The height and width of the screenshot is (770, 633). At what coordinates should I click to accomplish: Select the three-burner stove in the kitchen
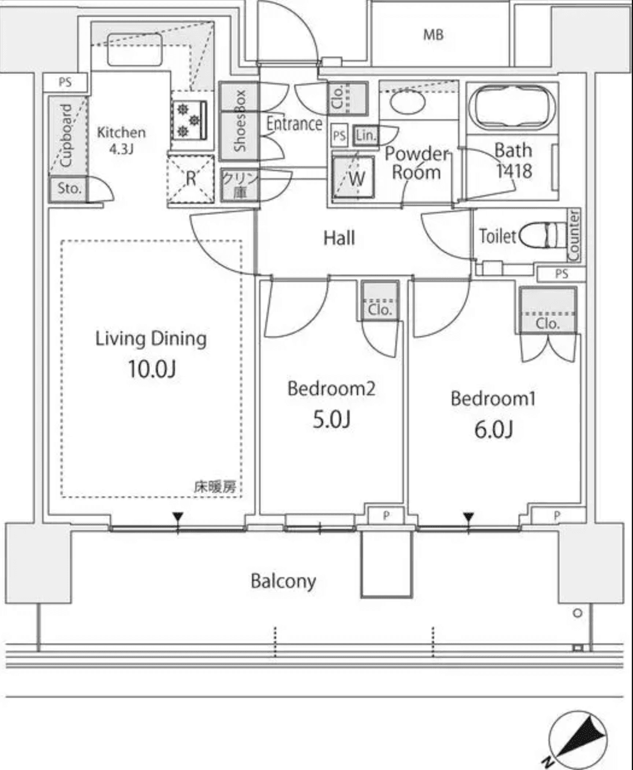[x=189, y=121]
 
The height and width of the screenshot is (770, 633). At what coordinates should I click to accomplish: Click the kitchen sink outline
[x=135, y=49]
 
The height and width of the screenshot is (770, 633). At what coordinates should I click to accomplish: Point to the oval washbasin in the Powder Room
[x=408, y=102]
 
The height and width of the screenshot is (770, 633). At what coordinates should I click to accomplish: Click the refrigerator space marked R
[x=191, y=178]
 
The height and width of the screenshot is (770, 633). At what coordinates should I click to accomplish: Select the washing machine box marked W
[x=353, y=178]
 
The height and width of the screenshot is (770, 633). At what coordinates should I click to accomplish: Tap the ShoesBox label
[x=239, y=121]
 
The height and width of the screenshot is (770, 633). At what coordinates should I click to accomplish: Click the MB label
[x=433, y=35]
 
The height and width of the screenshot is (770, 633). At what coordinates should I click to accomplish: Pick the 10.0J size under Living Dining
[x=152, y=369]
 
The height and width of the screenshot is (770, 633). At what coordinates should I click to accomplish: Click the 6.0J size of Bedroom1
[x=494, y=429]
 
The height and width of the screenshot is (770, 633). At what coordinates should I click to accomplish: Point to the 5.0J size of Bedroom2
[x=332, y=419]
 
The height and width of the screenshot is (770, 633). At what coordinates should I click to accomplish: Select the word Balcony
[x=283, y=581]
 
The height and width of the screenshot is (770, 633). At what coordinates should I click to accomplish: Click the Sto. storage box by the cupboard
[x=69, y=189]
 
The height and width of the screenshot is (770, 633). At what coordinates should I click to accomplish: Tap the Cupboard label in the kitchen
[x=66, y=136]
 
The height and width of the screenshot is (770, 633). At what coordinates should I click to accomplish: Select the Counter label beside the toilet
[x=574, y=235]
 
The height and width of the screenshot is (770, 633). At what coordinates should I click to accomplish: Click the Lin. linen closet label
[x=366, y=136]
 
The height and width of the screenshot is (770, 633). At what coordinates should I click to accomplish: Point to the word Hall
[x=339, y=238]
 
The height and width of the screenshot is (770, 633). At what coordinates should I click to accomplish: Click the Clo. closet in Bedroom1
[x=547, y=310]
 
